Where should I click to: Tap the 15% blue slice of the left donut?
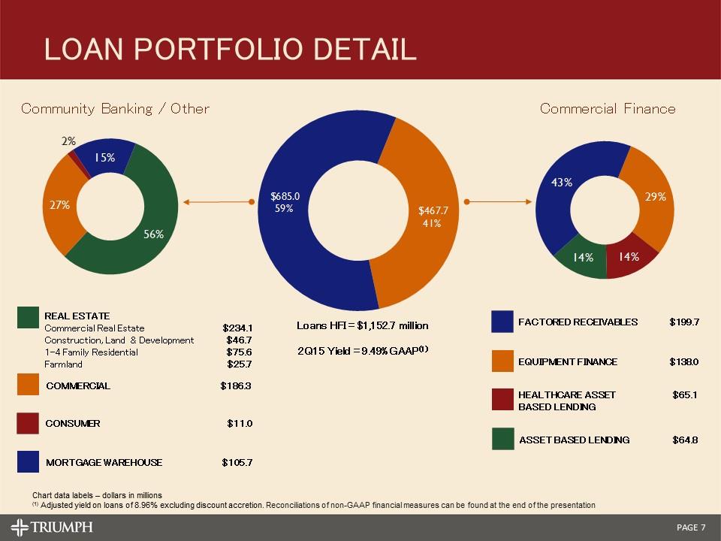[x=104, y=157]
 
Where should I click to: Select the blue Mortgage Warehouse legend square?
[x=29, y=462]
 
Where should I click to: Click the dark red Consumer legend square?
[x=29, y=424]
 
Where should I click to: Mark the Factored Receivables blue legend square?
[x=502, y=322]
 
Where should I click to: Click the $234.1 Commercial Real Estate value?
[x=237, y=328]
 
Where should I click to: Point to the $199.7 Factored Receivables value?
[x=684, y=322]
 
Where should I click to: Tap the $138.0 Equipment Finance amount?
[x=684, y=362]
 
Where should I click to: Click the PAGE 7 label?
[x=691, y=527]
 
